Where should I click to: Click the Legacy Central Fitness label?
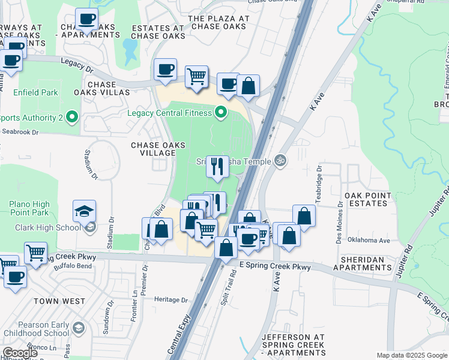[x=170, y=113]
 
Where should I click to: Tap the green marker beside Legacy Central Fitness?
[x=221, y=112]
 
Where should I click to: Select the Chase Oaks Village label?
[x=154, y=149]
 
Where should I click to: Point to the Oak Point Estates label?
[x=368, y=199]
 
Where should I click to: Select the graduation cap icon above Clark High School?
[x=84, y=211]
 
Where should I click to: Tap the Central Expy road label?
[x=180, y=343]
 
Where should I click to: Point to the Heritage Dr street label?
[x=166, y=299]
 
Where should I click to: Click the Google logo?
[x=20, y=353]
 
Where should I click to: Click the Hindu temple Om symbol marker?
[x=278, y=160]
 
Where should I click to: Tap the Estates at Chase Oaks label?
[x=157, y=32]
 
